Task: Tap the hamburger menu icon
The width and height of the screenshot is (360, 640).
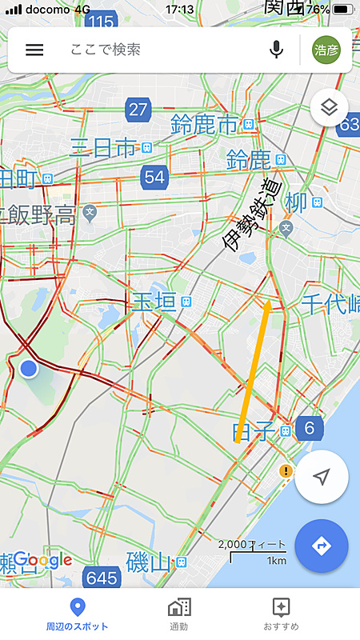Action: point(34,50)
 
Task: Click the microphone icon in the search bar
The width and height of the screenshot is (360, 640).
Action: point(277,50)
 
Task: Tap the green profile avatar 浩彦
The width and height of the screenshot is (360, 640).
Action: point(326,50)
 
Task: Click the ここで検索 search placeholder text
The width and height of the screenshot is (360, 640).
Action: point(106,50)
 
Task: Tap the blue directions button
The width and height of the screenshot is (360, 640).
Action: point(322,546)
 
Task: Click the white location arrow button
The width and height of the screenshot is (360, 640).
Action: point(322,478)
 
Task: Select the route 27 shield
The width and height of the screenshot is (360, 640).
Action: point(138,110)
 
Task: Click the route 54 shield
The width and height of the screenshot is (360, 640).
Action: point(154,177)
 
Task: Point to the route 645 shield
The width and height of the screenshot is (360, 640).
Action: point(102,576)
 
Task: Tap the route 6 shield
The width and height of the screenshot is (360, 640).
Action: point(309,429)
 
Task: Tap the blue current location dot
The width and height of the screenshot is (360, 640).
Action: point(29,368)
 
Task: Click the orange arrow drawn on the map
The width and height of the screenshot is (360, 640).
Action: point(255,368)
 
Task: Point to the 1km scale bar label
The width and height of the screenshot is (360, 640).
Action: point(277,560)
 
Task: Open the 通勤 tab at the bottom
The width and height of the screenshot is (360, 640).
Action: point(179,613)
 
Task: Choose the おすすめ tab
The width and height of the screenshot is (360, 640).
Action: point(281,613)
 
